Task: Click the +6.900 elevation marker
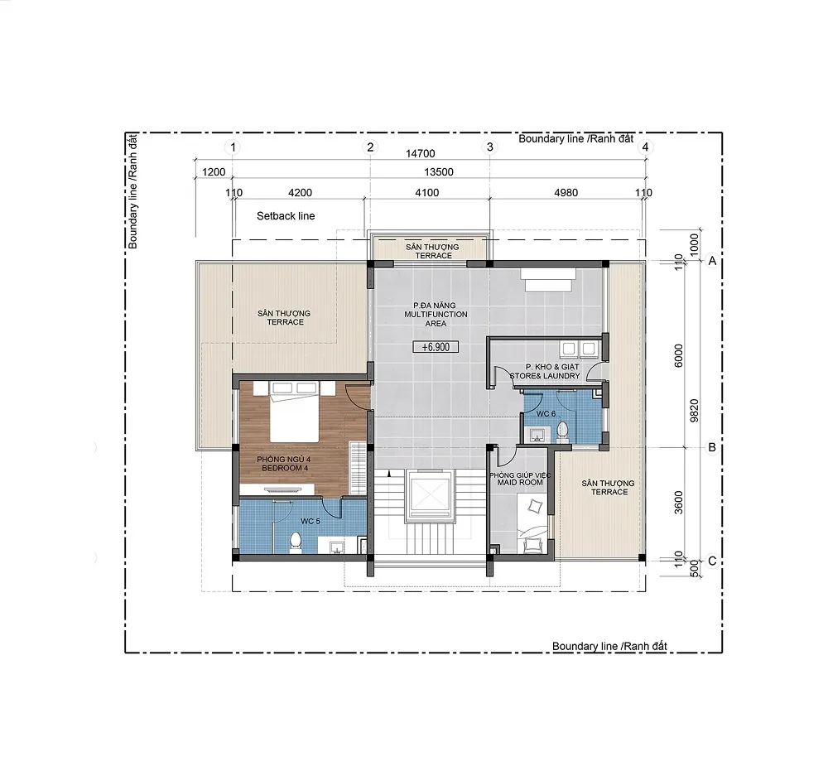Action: [x=436, y=347]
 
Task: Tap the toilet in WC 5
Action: [x=296, y=543]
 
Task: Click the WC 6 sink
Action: [x=537, y=436]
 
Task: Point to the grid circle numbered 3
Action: [x=490, y=147]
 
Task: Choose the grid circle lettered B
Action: [x=712, y=447]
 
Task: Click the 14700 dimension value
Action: [x=421, y=154]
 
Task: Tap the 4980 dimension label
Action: [x=566, y=193]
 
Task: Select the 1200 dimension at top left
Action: [x=214, y=171]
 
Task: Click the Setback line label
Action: [x=286, y=216]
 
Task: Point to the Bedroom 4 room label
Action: [x=283, y=464]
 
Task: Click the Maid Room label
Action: [x=520, y=479]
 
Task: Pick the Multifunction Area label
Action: [x=436, y=314]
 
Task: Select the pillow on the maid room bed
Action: [x=535, y=507]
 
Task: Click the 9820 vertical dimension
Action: [x=695, y=410]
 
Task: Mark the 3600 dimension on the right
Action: [x=679, y=502]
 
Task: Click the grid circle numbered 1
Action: [x=233, y=147]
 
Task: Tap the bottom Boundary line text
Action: [x=609, y=646]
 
